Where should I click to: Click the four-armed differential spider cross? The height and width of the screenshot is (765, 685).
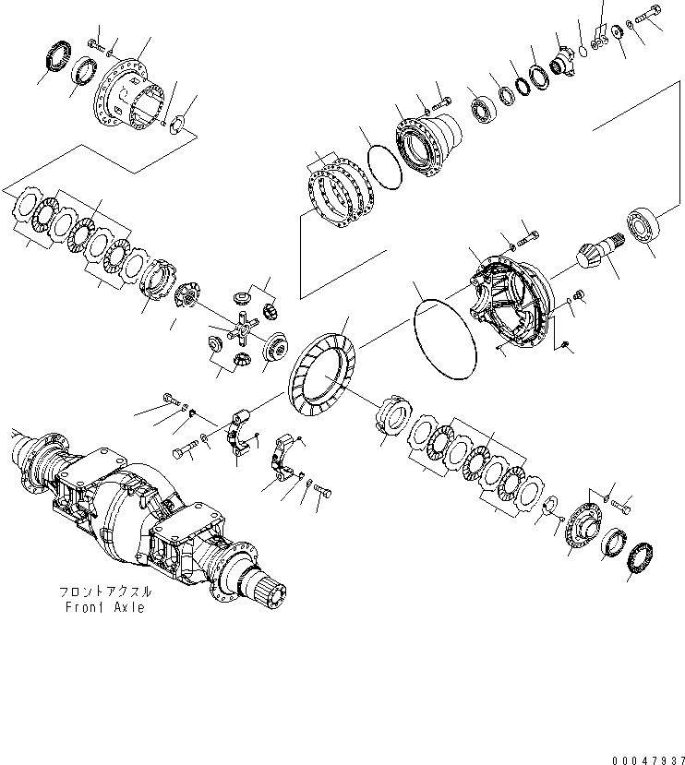(244, 327)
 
